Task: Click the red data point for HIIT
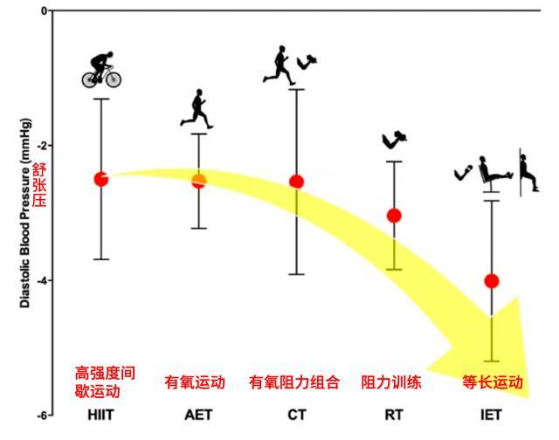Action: coord(101,179)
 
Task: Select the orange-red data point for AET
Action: coord(199,181)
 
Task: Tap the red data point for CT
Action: coord(297,182)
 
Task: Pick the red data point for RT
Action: coord(394,216)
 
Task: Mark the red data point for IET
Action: coord(492,281)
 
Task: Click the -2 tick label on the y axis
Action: coord(42,146)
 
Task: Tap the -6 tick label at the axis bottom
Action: coord(42,416)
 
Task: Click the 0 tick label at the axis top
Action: coord(45,11)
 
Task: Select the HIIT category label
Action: coord(101,415)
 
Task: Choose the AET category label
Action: coord(198,415)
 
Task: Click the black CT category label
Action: coord(297,415)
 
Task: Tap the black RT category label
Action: coord(394,415)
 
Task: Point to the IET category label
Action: coord(491,415)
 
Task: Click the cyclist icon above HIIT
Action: coord(101,70)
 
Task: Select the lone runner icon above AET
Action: coord(197,109)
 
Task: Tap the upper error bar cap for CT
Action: coord(297,89)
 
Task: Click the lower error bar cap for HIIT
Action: coord(101,259)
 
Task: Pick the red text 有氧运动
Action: coord(195,382)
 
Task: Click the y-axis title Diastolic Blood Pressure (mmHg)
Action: coord(25,213)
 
